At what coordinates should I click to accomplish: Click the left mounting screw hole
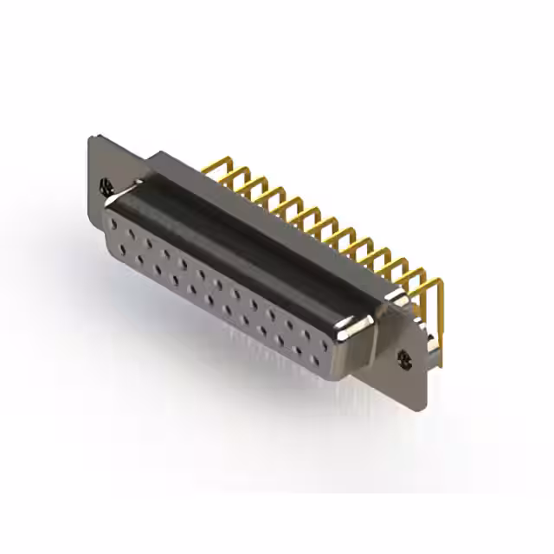106,184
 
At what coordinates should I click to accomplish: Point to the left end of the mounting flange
93,173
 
